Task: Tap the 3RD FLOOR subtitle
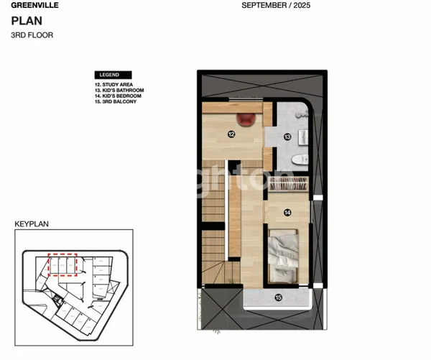[32, 34]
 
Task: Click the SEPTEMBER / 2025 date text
[275, 5]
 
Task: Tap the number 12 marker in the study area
[231, 133]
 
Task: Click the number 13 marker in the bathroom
[287, 136]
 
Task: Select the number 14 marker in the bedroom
[287, 212]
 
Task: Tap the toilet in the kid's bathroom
[302, 157]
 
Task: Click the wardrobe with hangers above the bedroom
[287, 183]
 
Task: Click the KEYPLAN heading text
[32, 224]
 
